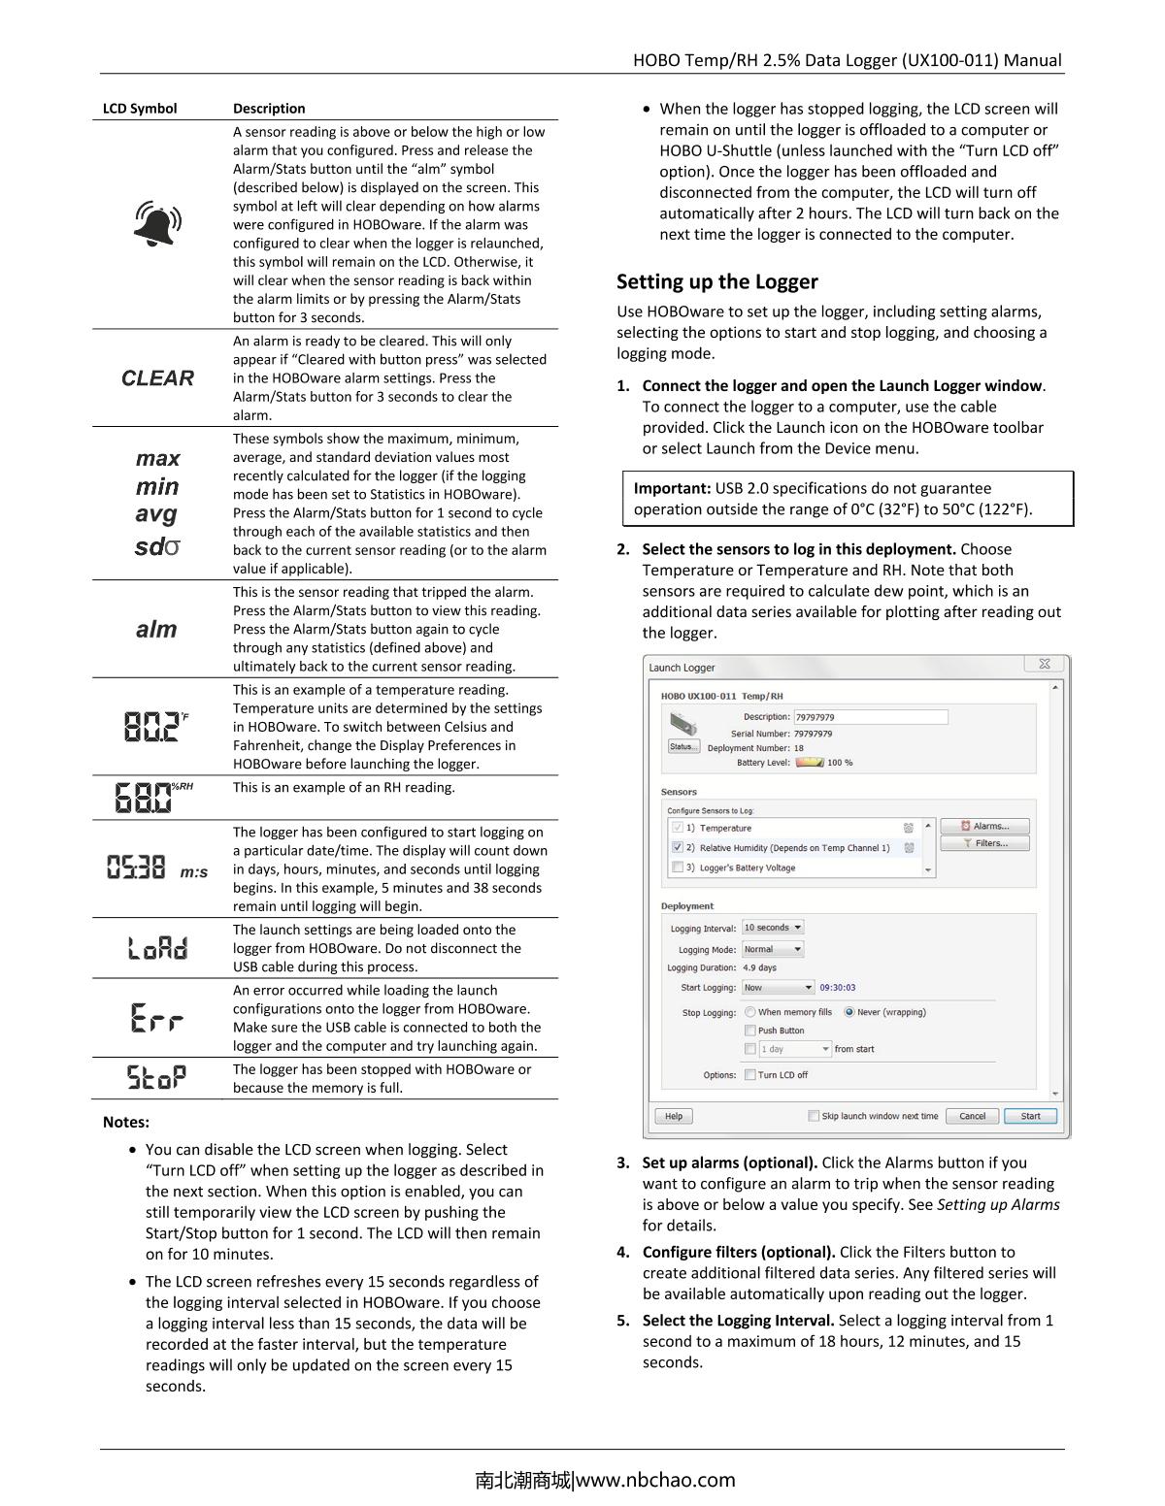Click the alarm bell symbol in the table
point(157,223)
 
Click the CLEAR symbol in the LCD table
point(157,378)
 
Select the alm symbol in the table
point(156,630)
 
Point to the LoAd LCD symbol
point(157,948)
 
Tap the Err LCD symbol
point(156,1018)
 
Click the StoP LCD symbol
point(156,1077)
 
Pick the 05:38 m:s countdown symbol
point(156,868)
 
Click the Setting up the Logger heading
point(717,282)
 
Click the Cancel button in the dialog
point(972,1116)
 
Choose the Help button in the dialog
point(673,1116)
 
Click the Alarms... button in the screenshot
point(984,826)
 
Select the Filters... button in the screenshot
point(984,843)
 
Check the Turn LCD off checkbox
point(749,1074)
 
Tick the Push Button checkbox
point(749,1031)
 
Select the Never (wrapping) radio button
point(849,1012)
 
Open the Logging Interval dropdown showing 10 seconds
point(773,928)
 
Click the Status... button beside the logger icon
point(683,746)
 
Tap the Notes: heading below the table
point(126,1123)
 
